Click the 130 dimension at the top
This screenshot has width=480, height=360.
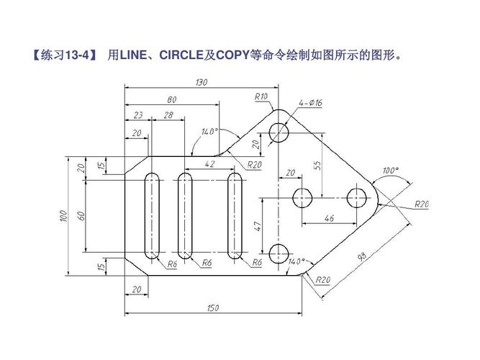[201, 82]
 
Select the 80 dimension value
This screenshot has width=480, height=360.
[172, 99]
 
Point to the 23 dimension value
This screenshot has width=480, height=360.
[138, 114]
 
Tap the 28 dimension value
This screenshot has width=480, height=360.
[168, 114]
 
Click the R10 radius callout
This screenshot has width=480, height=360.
[261, 96]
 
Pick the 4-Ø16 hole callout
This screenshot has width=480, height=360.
[311, 104]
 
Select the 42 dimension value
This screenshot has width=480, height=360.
[210, 164]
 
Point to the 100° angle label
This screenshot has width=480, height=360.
[390, 171]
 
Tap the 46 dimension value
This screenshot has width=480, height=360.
[330, 217]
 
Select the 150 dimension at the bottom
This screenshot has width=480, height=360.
[213, 308]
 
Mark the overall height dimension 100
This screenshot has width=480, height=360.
[63, 215]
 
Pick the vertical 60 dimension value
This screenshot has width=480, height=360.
[83, 215]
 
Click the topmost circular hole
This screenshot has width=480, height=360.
[279, 132]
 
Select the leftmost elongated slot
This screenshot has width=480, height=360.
[153, 215]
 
